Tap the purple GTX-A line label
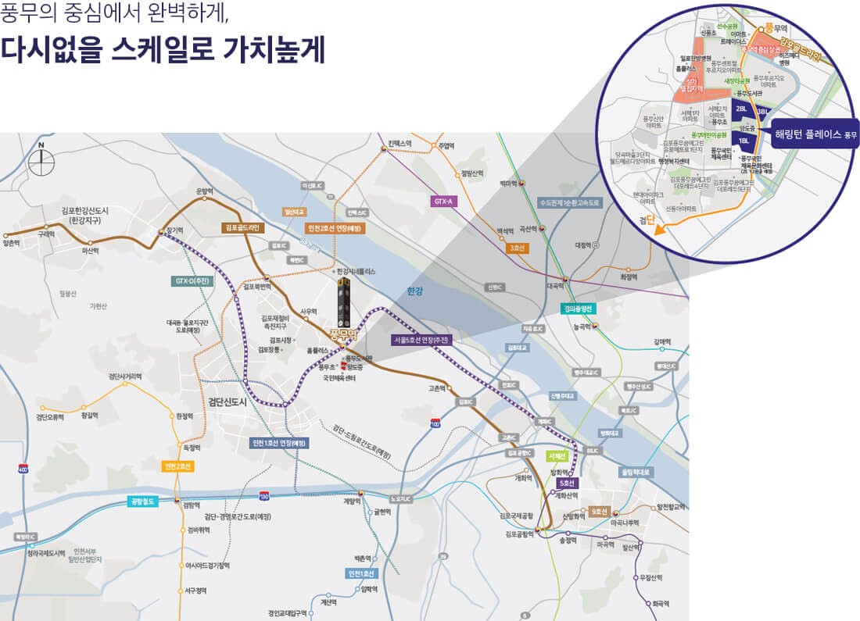point(443,201)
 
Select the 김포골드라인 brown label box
point(244,227)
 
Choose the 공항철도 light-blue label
point(143,501)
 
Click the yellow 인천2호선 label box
point(178,466)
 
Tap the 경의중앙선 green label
point(579,309)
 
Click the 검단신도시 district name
point(228,402)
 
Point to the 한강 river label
point(414,291)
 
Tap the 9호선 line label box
point(600,512)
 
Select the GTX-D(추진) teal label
point(190,280)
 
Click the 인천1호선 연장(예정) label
point(278,443)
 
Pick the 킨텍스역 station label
point(399,144)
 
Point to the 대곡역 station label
point(556,286)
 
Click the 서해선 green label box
point(557,455)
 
